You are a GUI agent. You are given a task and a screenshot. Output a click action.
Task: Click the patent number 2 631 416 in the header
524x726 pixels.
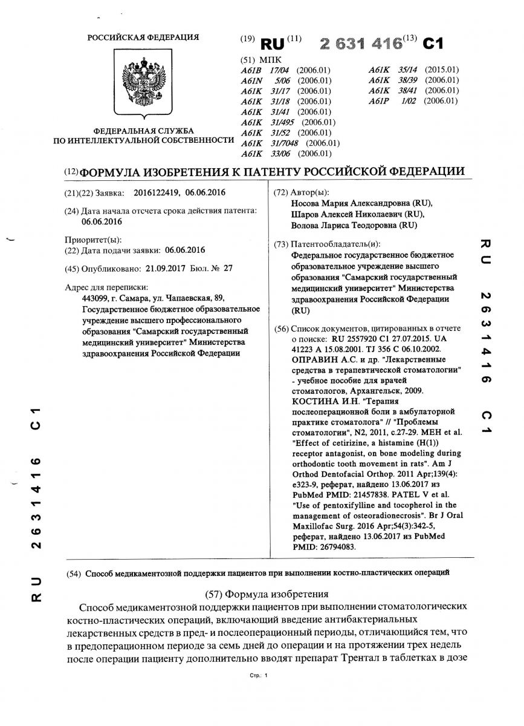(361, 44)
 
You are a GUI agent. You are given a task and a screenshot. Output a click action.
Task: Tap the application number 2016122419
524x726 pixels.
(154, 193)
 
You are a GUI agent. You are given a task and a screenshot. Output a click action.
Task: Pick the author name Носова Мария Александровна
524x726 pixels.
(357, 204)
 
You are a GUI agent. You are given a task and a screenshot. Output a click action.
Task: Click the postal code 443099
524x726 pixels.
(96, 298)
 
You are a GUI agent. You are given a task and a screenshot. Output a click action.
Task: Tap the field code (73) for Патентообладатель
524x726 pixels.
(281, 244)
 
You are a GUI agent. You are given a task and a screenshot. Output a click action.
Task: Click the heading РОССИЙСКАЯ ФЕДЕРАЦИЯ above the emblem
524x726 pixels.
(143, 38)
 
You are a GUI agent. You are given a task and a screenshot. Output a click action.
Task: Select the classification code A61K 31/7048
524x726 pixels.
(290, 143)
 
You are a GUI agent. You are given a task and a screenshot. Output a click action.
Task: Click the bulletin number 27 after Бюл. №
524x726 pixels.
(228, 267)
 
